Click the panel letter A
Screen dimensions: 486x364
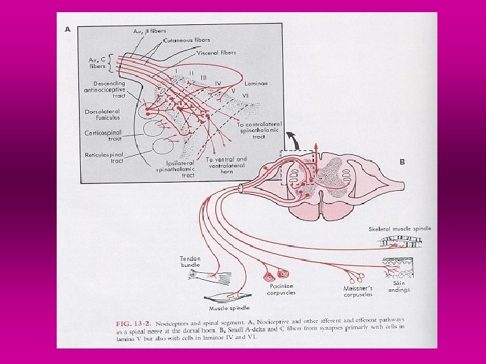pos(68,30)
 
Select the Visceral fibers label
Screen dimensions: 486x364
pos(218,53)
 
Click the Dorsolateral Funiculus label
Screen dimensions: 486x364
pos(103,115)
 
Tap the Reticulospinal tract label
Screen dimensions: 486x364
pos(103,157)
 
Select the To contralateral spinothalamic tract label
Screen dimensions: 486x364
pos(261,130)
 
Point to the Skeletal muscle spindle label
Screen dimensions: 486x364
pos(400,229)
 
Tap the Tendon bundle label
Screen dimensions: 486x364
pos(190,262)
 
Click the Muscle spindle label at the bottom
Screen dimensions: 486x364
pos(225,308)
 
